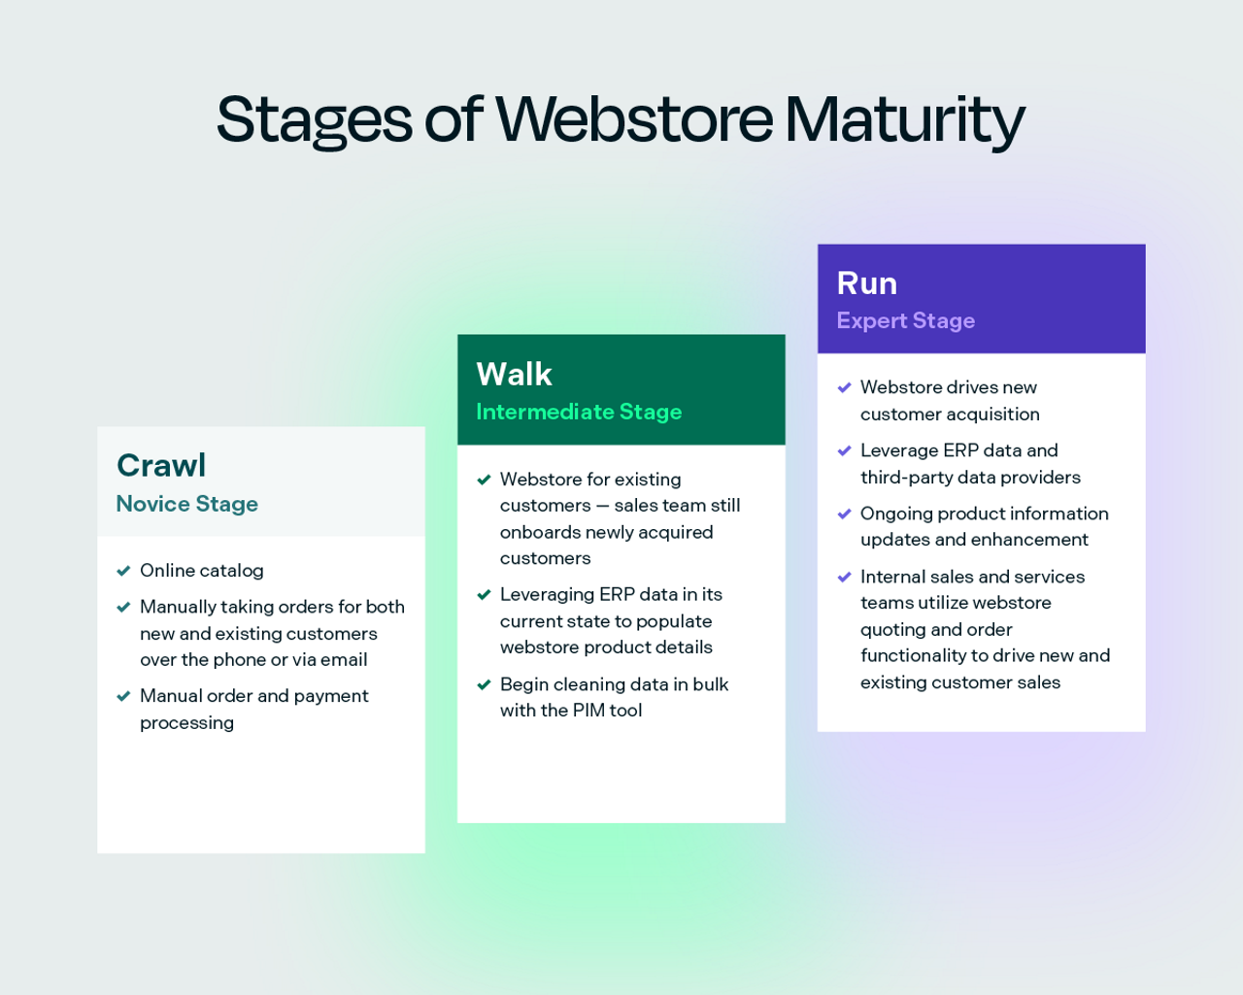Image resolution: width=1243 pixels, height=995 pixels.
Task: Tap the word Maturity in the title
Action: point(904,119)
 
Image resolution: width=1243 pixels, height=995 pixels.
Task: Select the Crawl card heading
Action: point(161,466)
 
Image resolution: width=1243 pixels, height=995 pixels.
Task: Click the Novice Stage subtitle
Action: point(187,504)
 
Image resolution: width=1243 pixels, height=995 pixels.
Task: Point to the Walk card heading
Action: point(514,375)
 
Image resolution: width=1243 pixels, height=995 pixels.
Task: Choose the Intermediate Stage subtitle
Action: point(579,413)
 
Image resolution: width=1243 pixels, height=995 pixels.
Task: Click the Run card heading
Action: point(866,283)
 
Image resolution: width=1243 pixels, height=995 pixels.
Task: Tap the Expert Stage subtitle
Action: point(905,321)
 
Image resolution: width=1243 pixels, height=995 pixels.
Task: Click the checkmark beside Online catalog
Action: point(123,571)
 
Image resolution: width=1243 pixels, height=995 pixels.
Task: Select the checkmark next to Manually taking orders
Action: point(123,608)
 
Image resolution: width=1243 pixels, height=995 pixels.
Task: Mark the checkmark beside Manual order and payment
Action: point(123,697)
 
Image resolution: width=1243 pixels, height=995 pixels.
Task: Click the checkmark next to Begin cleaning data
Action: point(484,685)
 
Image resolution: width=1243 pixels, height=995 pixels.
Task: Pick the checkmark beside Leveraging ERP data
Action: point(484,595)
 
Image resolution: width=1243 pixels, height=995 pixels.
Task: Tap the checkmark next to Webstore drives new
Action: point(844,388)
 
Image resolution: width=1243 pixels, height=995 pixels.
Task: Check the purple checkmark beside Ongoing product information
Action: point(844,514)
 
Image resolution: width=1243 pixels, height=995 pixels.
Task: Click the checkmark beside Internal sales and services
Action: point(844,578)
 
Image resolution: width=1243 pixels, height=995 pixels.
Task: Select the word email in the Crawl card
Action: point(344,660)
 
